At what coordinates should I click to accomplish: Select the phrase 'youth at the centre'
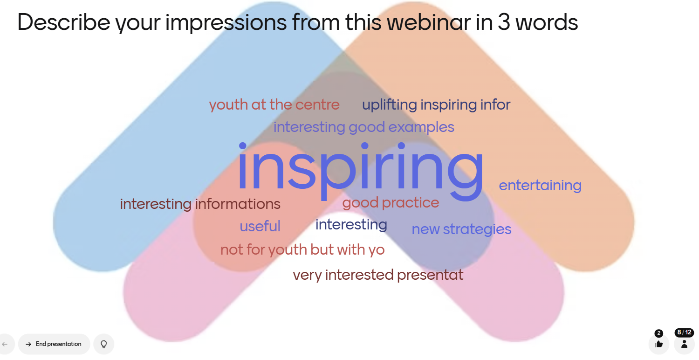point(274,104)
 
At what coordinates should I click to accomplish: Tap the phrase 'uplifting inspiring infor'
point(436,104)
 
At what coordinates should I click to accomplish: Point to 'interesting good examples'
point(364,127)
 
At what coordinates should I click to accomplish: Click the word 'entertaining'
point(540,186)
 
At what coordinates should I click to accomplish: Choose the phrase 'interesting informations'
point(200,204)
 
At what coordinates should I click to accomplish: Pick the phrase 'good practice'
point(391,203)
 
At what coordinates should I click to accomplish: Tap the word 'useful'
point(260,226)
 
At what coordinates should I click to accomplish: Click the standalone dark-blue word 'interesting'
point(351,225)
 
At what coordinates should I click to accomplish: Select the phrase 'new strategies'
point(461,229)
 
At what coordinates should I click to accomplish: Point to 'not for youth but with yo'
point(302,250)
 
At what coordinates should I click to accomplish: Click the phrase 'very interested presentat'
point(378,275)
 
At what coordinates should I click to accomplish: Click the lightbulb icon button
point(103,344)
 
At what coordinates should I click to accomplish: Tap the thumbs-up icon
point(659,344)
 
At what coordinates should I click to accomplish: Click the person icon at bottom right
point(684,344)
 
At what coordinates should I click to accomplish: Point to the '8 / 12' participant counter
point(684,332)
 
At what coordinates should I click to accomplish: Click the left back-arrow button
point(5,344)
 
